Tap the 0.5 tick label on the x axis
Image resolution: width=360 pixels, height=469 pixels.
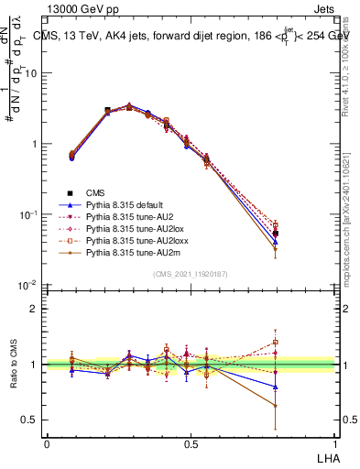coord(191,442)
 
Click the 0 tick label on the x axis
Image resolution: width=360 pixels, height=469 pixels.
coord(47,442)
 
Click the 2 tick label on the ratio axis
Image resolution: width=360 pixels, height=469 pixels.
coord(35,309)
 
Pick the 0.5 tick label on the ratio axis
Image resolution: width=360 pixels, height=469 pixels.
coord(31,420)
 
